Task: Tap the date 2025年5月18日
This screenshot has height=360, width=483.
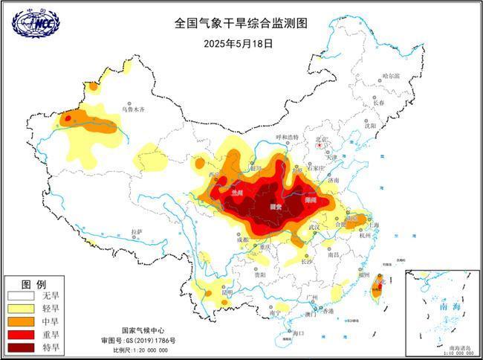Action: pyautogui.click(x=238, y=43)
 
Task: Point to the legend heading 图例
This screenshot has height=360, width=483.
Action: pyautogui.click(x=33, y=284)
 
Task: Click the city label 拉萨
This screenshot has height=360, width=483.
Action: pyautogui.click(x=137, y=232)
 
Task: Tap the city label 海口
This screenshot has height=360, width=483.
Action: pyautogui.click(x=299, y=332)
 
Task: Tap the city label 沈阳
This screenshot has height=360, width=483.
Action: pyautogui.click(x=369, y=126)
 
